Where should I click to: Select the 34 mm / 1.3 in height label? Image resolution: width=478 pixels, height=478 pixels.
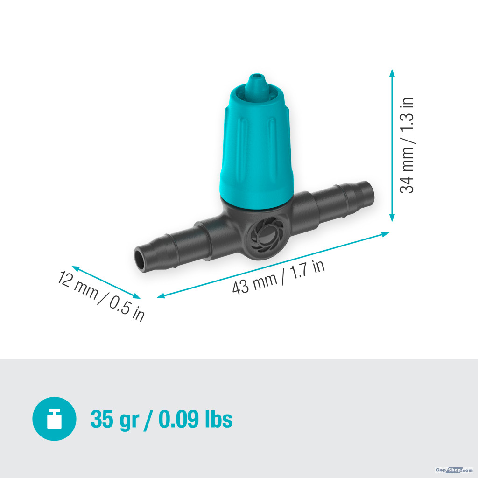407,146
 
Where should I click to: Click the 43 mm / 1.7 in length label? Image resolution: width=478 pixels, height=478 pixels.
278,278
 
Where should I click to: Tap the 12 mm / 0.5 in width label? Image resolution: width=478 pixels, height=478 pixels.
101,295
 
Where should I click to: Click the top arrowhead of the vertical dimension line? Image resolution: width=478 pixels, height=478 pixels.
392,73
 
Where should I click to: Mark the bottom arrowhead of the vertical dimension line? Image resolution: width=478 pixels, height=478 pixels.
392,218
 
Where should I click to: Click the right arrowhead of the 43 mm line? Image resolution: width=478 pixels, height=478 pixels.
385,234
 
